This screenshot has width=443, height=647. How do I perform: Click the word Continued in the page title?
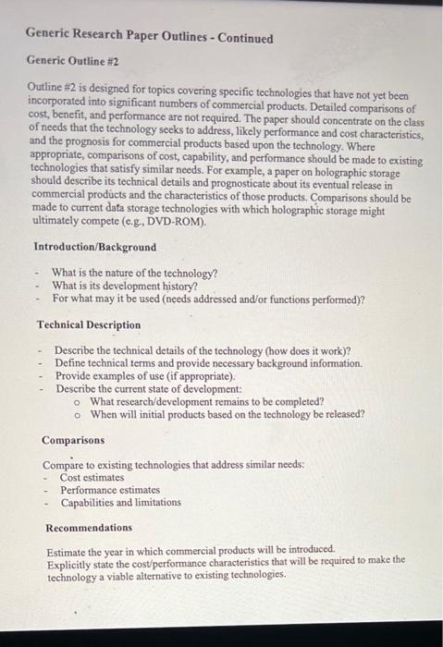[242, 38]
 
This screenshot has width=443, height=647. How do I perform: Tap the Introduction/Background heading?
[94, 247]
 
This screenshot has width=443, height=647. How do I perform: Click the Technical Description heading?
[89, 324]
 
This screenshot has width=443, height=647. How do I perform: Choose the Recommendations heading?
[89, 528]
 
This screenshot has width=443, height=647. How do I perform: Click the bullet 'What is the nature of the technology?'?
[135, 273]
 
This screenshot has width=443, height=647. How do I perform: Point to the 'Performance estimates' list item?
[110, 490]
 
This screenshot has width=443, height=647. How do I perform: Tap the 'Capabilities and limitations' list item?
[121, 503]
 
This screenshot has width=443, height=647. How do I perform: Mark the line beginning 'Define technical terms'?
[208, 363]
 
